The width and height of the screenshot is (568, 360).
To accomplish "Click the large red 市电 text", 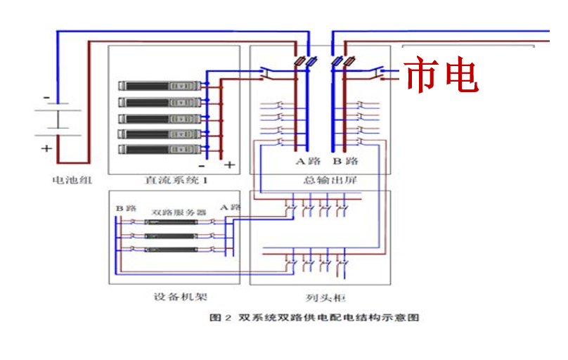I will coord(441,75).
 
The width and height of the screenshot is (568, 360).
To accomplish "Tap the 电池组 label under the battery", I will coord(72,180).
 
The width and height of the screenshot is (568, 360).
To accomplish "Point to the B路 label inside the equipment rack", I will coord(126,208).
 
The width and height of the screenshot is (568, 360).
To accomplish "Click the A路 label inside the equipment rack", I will coord(230,207).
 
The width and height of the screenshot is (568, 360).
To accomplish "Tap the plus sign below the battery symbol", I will coord(46,148).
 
